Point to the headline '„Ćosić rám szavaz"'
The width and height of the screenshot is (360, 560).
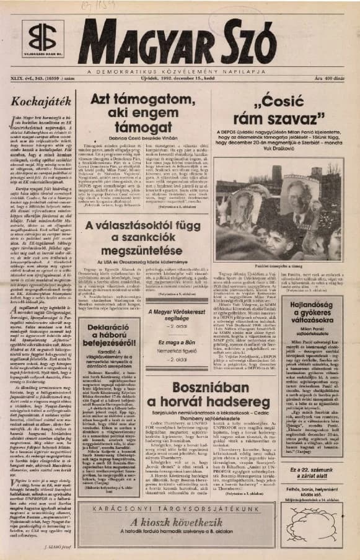coord(273,106)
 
